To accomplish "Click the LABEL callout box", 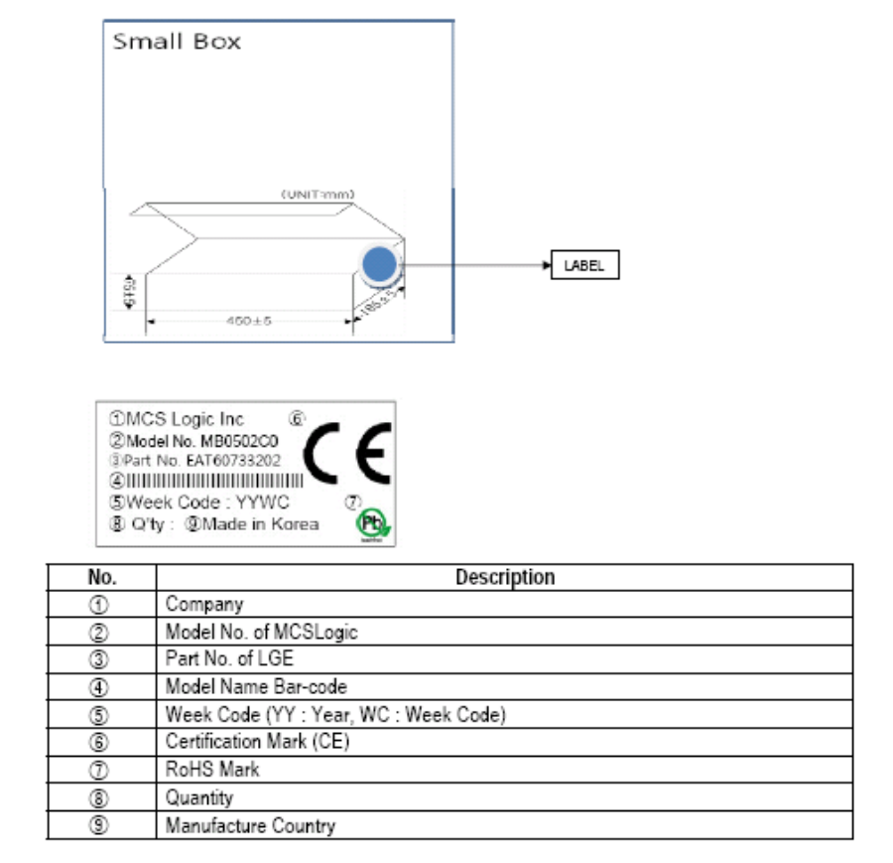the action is [x=584, y=265].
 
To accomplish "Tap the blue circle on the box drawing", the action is [x=379, y=265].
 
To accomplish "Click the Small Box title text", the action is [x=177, y=42].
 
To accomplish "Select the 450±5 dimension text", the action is [x=249, y=321].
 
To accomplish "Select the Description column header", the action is [x=504, y=577].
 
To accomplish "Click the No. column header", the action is [x=102, y=577].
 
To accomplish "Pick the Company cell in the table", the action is [x=204, y=604].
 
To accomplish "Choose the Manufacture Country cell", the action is [x=250, y=825].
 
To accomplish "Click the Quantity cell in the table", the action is [x=199, y=797].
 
